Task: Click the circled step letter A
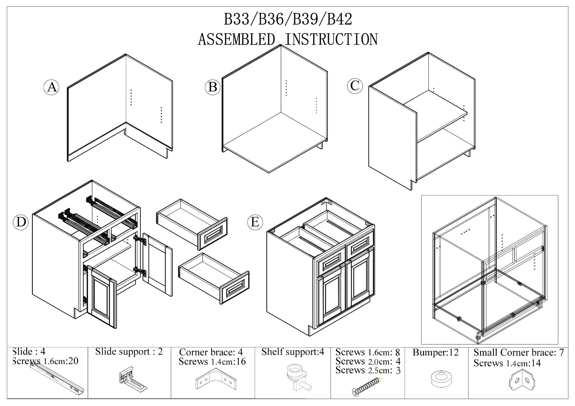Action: pyautogui.click(x=52, y=87)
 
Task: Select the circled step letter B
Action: pyautogui.click(x=212, y=87)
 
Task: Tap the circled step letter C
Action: pyautogui.click(x=355, y=85)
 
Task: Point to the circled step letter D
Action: pyautogui.click(x=21, y=222)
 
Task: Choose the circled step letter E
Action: pyautogui.click(x=255, y=222)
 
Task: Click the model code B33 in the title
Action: pyautogui.click(x=236, y=19)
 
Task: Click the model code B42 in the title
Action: pyautogui.click(x=340, y=19)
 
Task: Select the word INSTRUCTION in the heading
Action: pyautogui.click(x=331, y=39)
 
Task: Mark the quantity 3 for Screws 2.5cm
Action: pyautogui.click(x=398, y=371)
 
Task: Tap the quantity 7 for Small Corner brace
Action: pyautogui.click(x=561, y=352)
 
